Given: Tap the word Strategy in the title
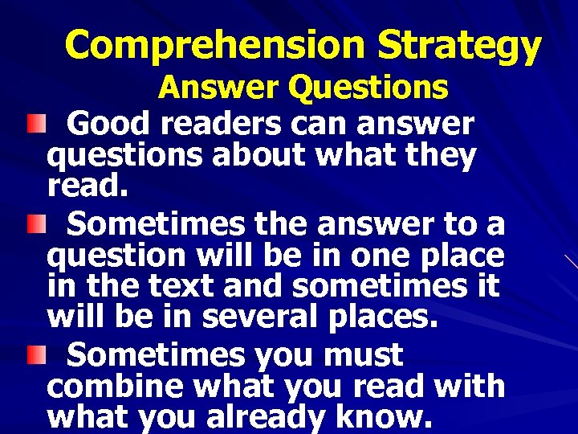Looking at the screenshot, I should point(460,46).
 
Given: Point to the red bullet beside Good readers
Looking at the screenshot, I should point(31,123).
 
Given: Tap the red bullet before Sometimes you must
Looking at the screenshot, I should point(31,354).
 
